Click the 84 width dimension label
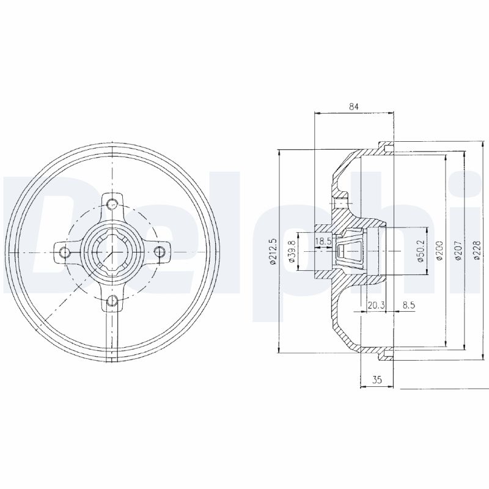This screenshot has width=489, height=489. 354,106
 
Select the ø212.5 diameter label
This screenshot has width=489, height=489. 273,251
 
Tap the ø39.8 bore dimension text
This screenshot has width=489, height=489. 292,251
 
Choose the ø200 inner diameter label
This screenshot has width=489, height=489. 439,251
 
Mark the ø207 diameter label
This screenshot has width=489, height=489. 458,251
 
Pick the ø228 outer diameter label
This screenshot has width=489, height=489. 477,251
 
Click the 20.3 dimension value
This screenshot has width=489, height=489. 376,305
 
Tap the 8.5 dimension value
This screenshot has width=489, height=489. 409,305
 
